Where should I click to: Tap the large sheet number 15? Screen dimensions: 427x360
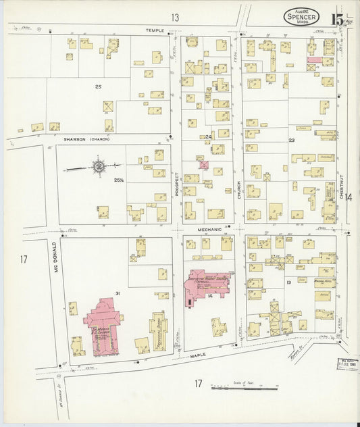tap(338, 18)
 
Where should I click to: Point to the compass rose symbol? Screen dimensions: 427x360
tap(99, 166)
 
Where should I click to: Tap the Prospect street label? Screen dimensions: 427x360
tap(177, 184)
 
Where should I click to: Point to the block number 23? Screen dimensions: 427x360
tap(292, 140)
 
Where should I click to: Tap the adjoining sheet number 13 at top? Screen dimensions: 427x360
tap(176, 17)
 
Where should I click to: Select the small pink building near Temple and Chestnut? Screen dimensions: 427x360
tap(314, 59)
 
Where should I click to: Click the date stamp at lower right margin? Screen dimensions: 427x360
tap(347, 364)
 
